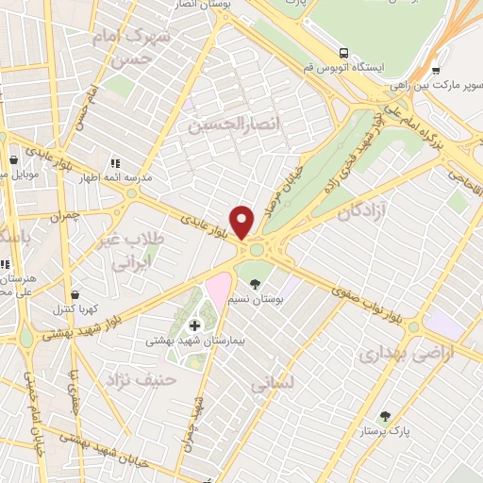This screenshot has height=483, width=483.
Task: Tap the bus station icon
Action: [344, 53]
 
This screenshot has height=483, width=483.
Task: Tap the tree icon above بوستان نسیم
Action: [255, 283]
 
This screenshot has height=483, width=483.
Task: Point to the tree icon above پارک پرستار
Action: [384, 415]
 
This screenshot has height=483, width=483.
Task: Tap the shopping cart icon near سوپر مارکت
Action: [435, 70]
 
